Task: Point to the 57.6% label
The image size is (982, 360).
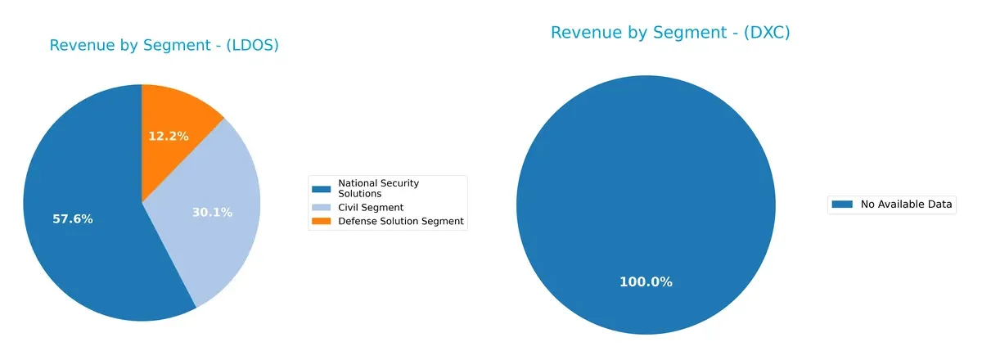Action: [x=73, y=219]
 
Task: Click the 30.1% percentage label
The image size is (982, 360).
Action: [x=212, y=213]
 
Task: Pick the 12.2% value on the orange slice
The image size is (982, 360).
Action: [x=169, y=136]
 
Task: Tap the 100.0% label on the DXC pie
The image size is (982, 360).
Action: [x=646, y=282]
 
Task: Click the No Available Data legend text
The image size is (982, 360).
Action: [x=907, y=205]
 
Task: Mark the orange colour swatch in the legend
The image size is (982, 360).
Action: [x=322, y=221]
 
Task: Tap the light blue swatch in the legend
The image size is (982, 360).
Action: [x=322, y=208]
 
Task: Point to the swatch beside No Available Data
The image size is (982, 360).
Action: [x=843, y=205]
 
